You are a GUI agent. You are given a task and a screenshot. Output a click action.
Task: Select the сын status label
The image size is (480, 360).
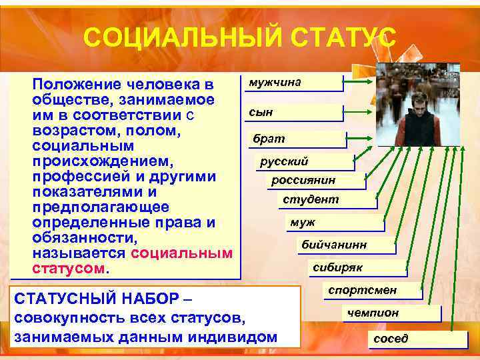pyautogui.click(x=291, y=113)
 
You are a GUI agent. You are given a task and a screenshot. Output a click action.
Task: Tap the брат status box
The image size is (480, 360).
pyautogui.click(x=296, y=139)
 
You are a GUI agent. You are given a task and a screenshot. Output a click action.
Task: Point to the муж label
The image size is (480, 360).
pyautogui.click(x=333, y=223)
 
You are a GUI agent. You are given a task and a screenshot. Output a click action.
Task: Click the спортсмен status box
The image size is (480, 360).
pyautogui.click(x=372, y=290)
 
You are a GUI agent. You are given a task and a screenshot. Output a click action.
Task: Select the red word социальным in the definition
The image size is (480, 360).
pyautogui.click(x=182, y=253)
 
